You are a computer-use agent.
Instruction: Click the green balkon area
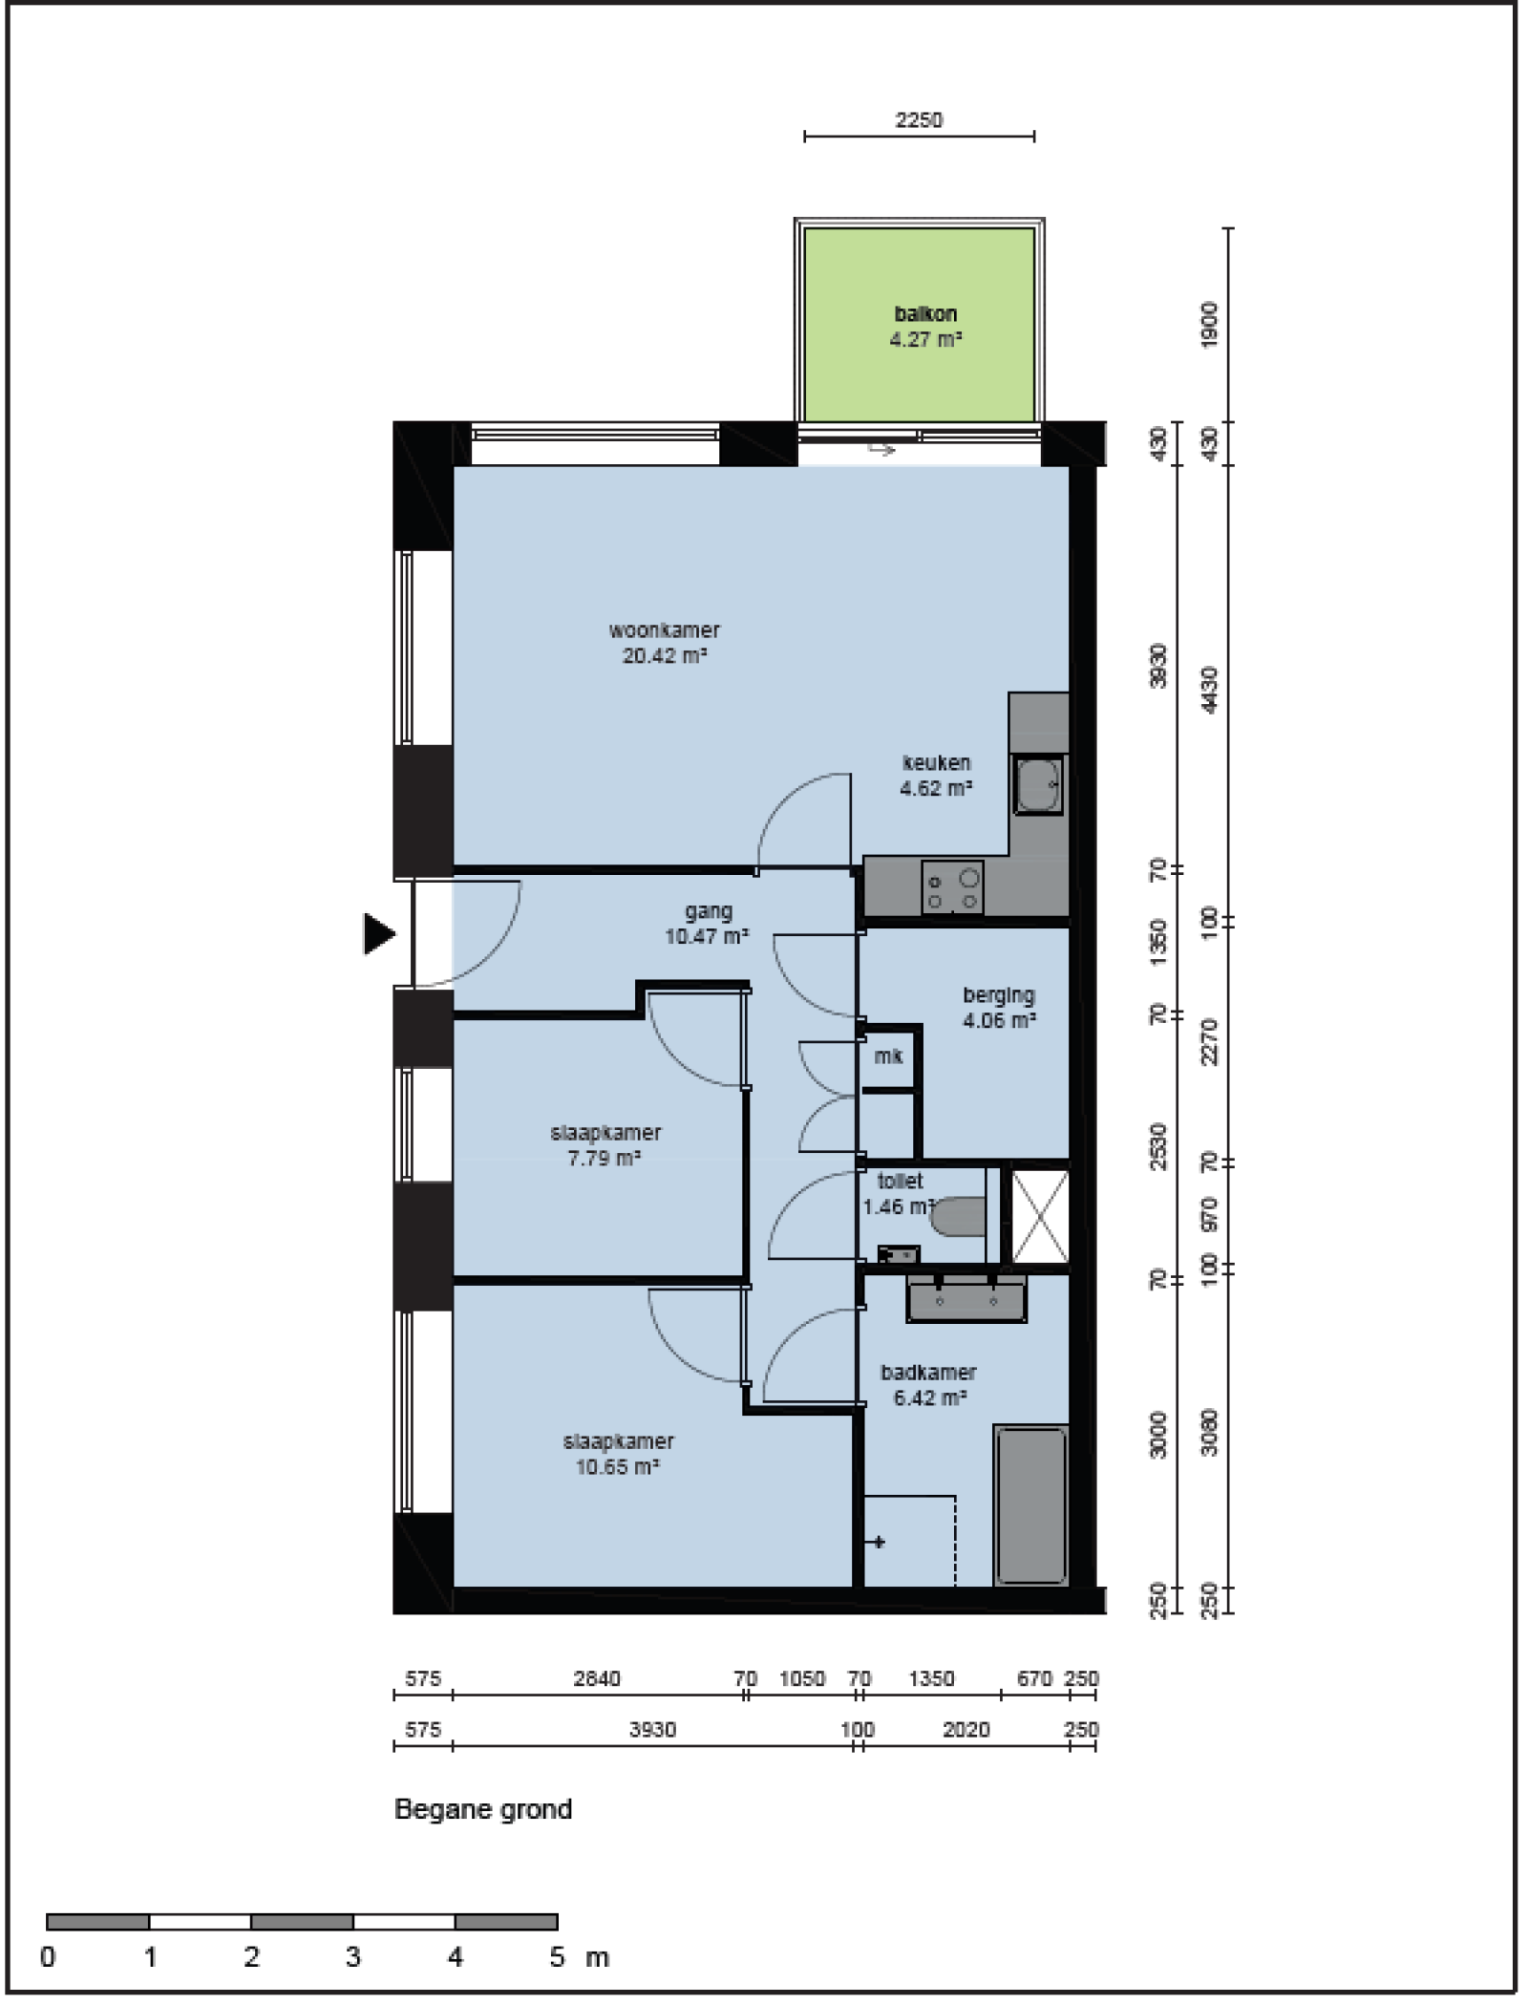pos(919,325)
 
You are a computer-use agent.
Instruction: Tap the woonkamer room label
pos(665,643)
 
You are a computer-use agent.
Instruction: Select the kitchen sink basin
pos(1037,785)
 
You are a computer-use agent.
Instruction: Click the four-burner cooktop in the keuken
pos(952,887)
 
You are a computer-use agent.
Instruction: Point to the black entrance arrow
pos(379,933)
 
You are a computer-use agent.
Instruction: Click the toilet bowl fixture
pos(957,1217)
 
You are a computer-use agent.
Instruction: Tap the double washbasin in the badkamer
pos(966,1297)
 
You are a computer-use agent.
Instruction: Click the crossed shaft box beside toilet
pos(1040,1216)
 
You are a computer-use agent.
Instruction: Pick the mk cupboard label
pos(888,1056)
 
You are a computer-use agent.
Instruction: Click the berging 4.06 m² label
pos(998,1008)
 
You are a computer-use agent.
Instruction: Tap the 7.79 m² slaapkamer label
pos(605,1145)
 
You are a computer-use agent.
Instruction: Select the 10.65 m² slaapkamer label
pos(618,1454)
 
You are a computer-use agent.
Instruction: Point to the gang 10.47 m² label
pos(707,924)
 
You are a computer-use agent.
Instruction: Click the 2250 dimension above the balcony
pos(919,120)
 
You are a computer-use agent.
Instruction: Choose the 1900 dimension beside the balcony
pos(1210,325)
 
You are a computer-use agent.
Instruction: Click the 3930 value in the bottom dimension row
pos(652,1730)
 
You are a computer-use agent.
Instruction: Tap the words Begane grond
pos(483,1810)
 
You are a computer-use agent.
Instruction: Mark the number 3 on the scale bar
pos(353,1957)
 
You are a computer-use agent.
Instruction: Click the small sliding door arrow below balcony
pos(881,448)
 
